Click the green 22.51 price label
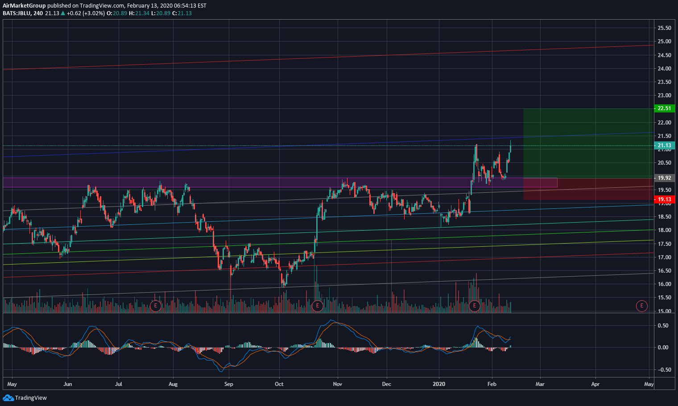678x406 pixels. click(x=664, y=108)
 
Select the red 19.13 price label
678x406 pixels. click(x=664, y=199)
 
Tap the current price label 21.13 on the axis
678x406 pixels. click(x=664, y=145)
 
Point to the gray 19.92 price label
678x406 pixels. click(x=664, y=178)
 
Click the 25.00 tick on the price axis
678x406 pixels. click(x=664, y=41)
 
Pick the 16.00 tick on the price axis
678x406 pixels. click(x=664, y=284)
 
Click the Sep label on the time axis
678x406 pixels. click(x=228, y=384)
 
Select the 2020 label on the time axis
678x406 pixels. click(x=439, y=384)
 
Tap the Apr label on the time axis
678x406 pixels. click(x=595, y=384)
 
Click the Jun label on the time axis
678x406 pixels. click(x=68, y=384)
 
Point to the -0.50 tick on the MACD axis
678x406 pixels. click(x=663, y=370)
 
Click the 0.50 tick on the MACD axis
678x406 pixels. click(x=663, y=326)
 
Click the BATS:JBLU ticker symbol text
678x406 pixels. click(x=17, y=13)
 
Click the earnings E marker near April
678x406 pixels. click(x=641, y=306)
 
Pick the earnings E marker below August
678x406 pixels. click(x=155, y=306)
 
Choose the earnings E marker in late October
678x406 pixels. click(x=317, y=306)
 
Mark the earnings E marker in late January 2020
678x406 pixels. click(x=474, y=306)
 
